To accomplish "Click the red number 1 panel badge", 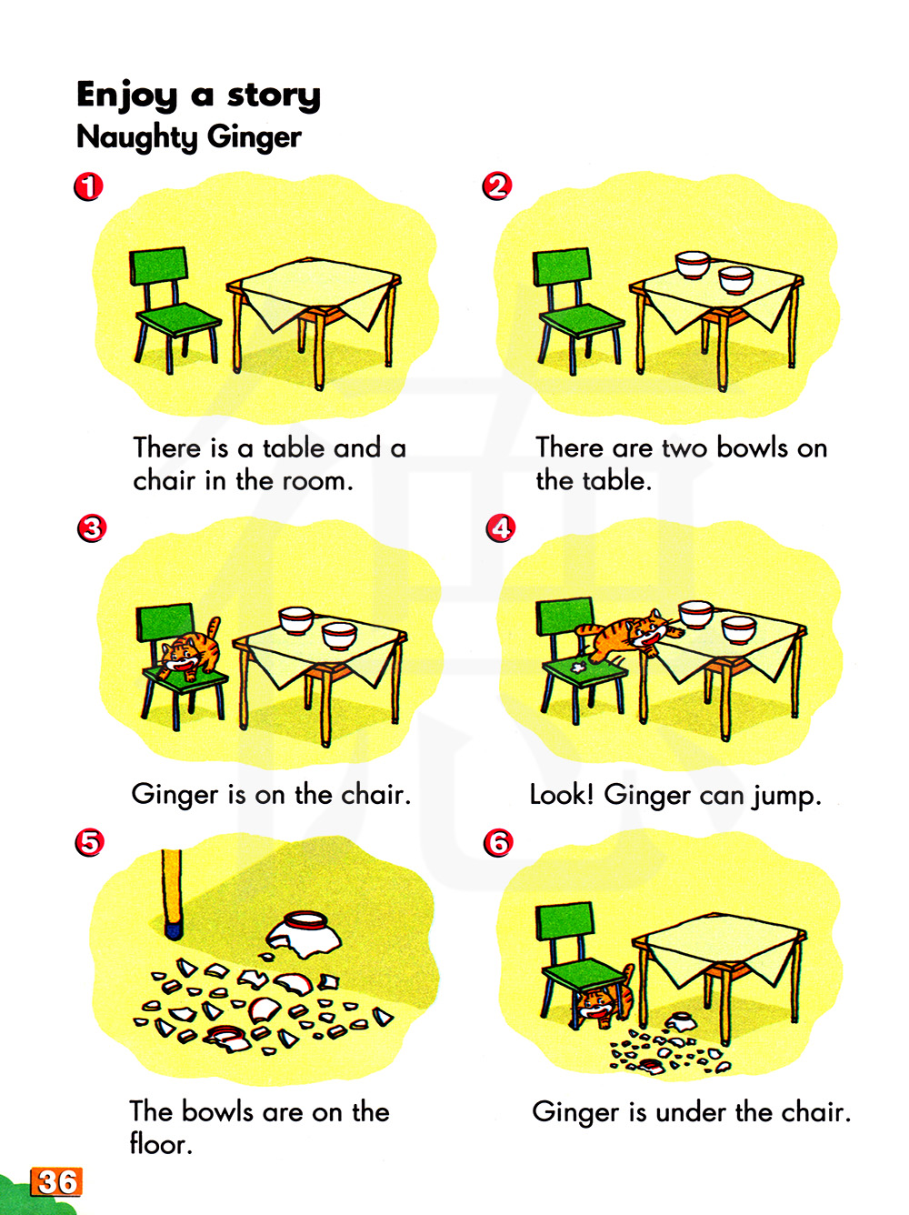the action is tap(88, 186).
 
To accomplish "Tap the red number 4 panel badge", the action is tap(501, 528).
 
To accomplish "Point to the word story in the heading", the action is tap(274, 95).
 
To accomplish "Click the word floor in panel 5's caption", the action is tap(161, 1143).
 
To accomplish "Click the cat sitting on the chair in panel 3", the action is tap(189, 651).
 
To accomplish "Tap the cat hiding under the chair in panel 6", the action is tap(604, 999).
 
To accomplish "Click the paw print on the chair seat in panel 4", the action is tap(579, 668).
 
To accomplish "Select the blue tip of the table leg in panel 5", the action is tap(175, 931).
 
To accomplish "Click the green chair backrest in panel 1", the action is tap(158, 266).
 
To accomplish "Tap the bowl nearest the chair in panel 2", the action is tap(692, 266).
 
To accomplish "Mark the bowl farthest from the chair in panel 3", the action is tap(340, 636).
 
